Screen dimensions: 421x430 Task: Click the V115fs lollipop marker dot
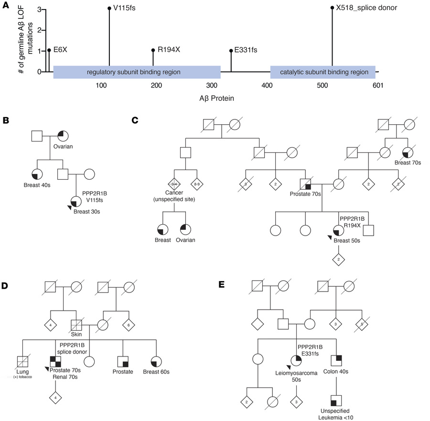click(109, 8)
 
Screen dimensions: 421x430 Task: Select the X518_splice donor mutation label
click(363, 8)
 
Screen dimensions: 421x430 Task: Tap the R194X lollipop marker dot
click(153, 50)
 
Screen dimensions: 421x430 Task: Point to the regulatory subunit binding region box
click(137, 72)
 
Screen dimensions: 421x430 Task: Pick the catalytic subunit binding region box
click(322, 72)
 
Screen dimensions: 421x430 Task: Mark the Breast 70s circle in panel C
click(409, 152)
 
